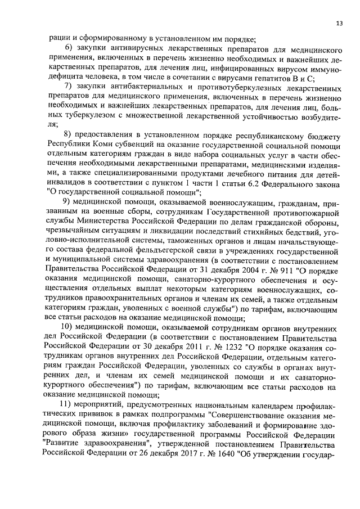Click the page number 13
coord(339,23)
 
